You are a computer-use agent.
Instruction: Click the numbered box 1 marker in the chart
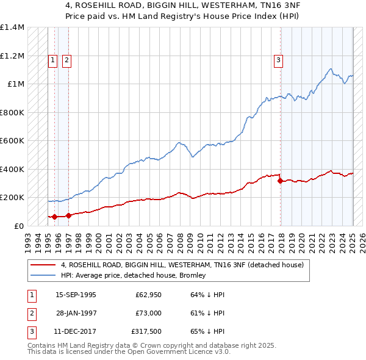(53, 60)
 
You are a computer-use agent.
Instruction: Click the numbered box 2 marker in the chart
(66, 60)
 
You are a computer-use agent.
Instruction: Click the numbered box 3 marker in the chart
(278, 60)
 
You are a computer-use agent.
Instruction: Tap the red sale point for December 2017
(280, 181)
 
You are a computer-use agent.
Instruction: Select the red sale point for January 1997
(68, 215)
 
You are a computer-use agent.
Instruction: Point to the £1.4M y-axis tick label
(12, 27)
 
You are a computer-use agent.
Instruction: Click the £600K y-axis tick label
(12, 140)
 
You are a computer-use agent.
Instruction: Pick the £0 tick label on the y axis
(20, 226)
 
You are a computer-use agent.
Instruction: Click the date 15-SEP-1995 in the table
(76, 295)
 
